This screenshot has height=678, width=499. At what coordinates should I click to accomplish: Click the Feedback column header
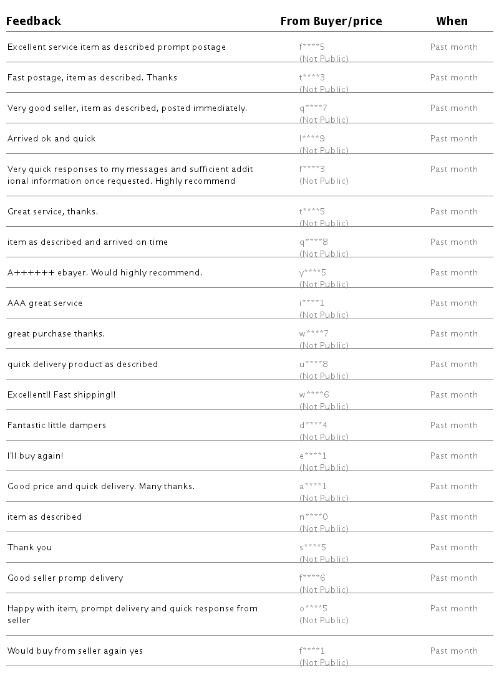coord(34,21)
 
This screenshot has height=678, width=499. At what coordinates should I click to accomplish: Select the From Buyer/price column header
coord(331,21)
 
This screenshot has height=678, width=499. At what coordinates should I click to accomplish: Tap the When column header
coord(452,21)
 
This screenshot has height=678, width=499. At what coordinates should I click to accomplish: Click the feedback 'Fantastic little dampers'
coord(57,426)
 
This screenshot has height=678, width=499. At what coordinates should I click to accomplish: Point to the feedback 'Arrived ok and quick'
coord(51,139)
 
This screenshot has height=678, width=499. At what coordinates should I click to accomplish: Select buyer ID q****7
coord(313,108)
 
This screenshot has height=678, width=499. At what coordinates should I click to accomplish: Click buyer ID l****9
coord(312,139)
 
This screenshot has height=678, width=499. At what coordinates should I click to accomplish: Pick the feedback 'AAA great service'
coord(45,303)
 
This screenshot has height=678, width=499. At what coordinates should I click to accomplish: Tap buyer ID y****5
coord(312,273)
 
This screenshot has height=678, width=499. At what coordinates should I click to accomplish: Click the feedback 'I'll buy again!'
coord(35,456)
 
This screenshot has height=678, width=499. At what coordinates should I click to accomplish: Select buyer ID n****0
coord(313,517)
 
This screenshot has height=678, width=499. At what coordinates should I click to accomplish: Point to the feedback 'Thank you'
coord(29,548)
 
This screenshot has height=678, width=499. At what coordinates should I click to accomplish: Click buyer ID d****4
coord(313,426)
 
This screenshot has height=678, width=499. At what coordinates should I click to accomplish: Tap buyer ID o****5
coord(313,609)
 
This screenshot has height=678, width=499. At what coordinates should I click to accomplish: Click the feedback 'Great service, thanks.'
coord(52,212)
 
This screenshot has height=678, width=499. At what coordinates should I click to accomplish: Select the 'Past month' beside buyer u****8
coord(453,365)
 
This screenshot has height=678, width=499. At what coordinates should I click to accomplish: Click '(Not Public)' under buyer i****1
coord(324,315)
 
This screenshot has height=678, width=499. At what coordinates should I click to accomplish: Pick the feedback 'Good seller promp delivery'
coord(65,578)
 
